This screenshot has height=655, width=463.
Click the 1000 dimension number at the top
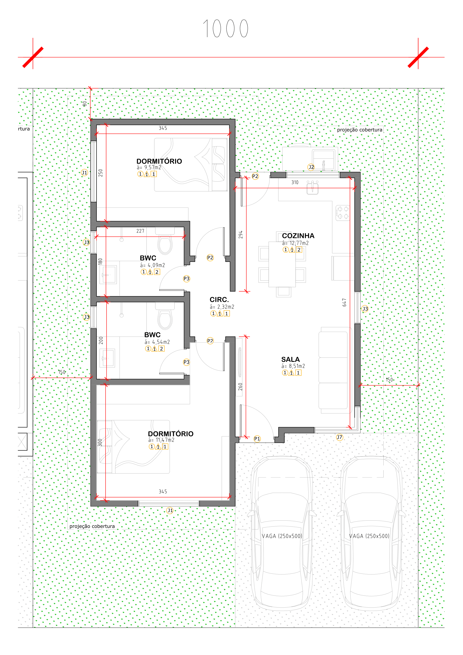(x=225, y=29)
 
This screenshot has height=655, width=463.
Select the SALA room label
(x=290, y=359)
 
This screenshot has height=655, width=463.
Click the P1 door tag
(x=257, y=439)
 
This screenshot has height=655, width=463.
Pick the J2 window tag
(x=311, y=167)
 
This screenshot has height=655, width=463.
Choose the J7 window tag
(x=339, y=437)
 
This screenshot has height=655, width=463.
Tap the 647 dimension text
(x=344, y=303)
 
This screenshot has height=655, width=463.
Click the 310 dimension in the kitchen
(x=295, y=182)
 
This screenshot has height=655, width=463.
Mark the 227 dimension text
(x=140, y=231)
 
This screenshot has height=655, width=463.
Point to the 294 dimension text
(x=241, y=235)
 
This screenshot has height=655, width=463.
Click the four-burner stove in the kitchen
(x=343, y=213)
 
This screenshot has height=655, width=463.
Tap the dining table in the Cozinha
(x=282, y=264)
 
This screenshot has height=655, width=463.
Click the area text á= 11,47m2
(x=161, y=440)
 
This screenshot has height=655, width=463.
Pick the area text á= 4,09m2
(x=152, y=265)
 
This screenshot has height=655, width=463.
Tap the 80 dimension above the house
(x=85, y=104)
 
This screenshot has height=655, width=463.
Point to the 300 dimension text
(x=100, y=442)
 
